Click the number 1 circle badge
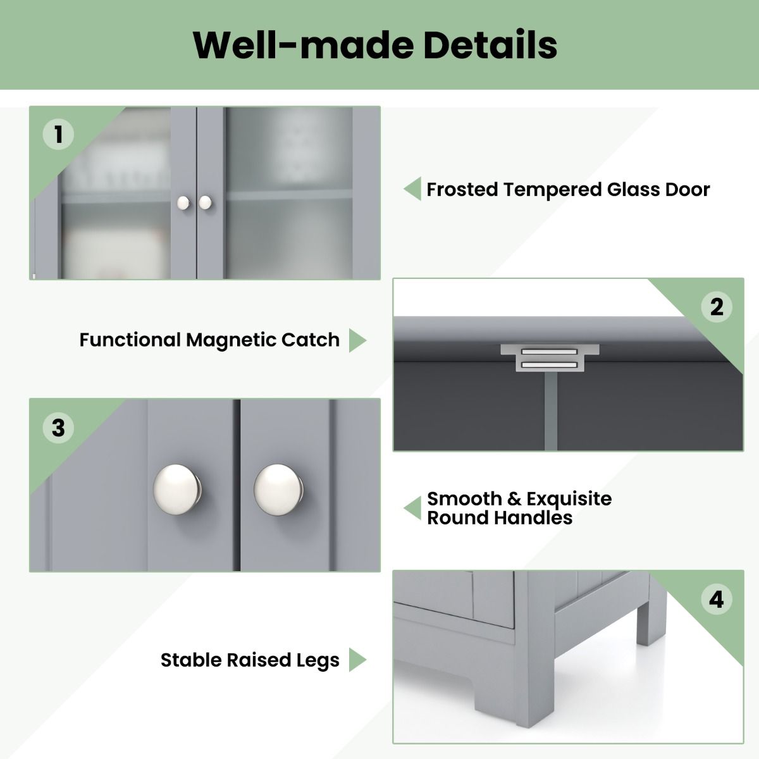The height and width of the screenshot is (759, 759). tap(58, 134)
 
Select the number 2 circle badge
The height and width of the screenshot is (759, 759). tap(717, 307)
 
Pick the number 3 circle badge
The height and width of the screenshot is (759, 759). tap(58, 428)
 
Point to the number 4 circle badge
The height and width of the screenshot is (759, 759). tap(717, 600)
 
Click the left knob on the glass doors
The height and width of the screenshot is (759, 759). tap(183, 203)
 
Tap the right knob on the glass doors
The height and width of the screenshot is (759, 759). tap(205, 202)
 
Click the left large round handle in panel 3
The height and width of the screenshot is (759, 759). tap(177, 490)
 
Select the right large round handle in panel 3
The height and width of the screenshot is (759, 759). tap(278, 490)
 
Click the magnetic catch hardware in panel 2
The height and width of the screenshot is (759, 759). tap(550, 357)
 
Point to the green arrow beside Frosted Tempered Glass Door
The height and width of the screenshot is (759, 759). tap(412, 188)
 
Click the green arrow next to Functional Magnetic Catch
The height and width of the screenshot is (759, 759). tap(357, 340)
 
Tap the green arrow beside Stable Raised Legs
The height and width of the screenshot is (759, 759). tap(357, 660)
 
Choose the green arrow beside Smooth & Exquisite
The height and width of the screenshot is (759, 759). tap(412, 508)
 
